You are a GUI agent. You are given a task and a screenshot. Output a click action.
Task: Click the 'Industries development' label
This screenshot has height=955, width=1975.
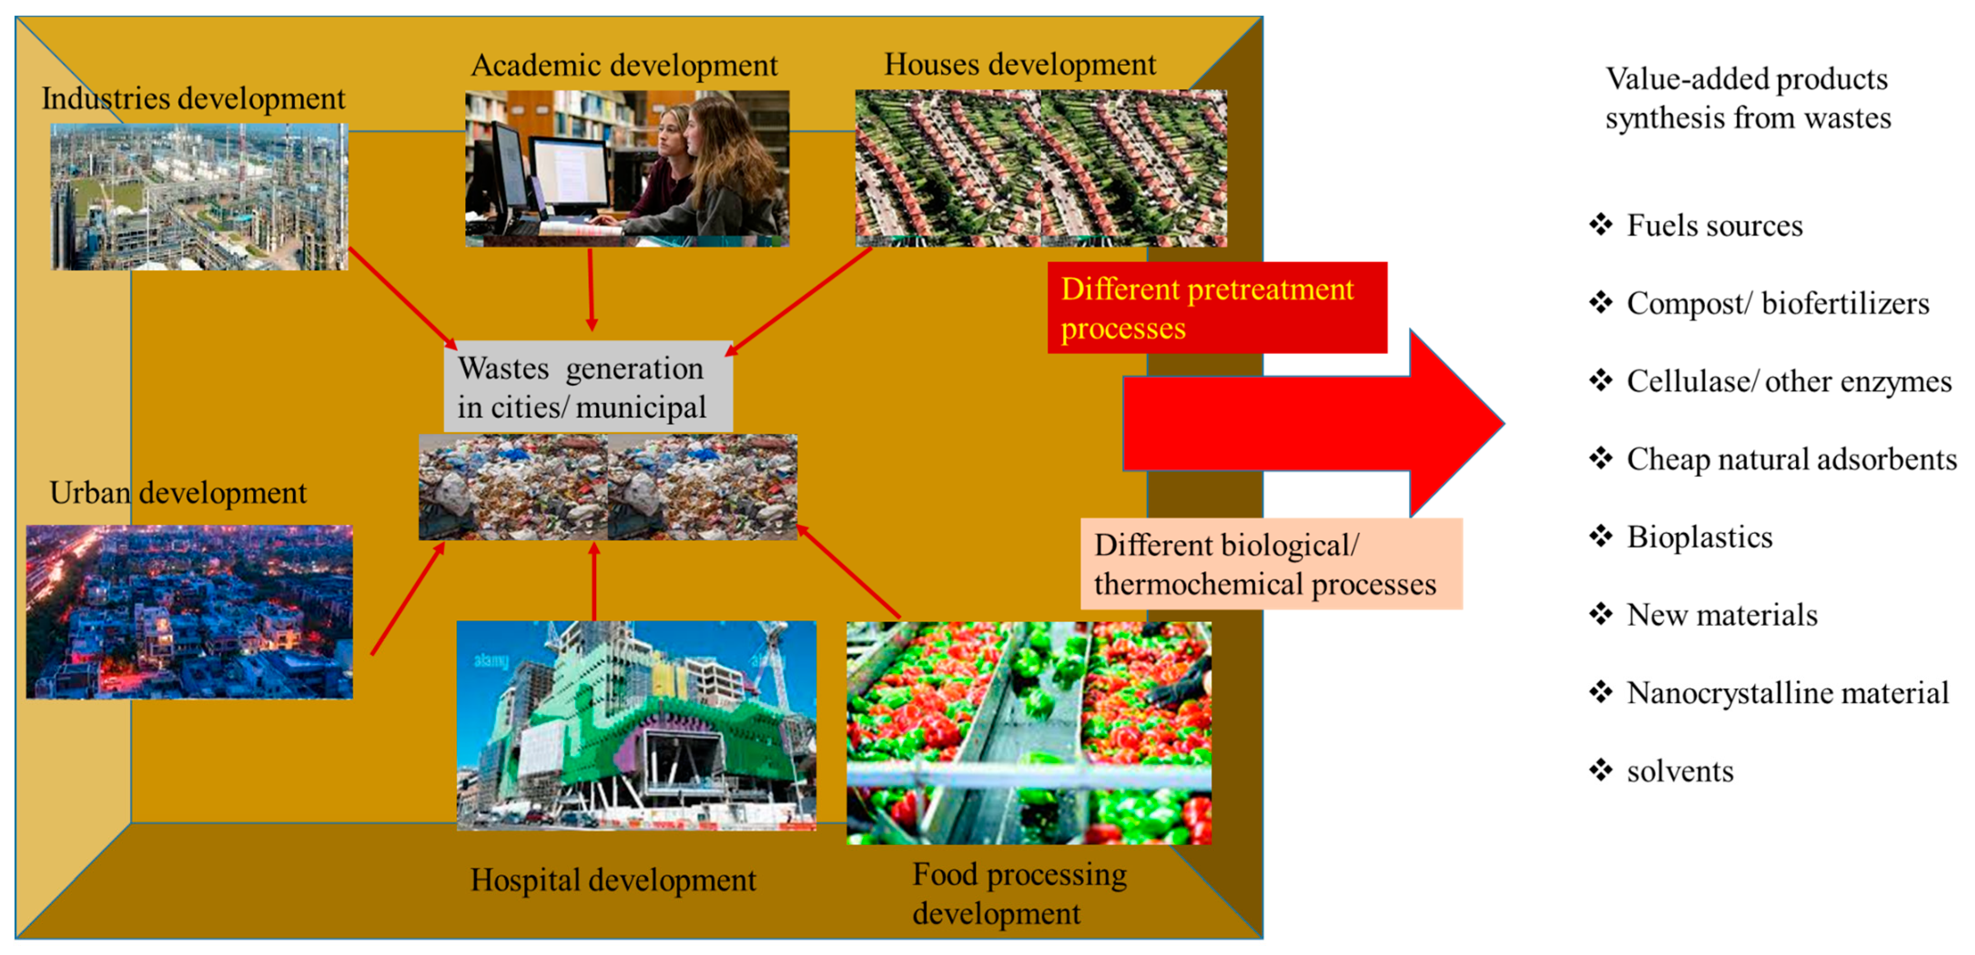point(193,99)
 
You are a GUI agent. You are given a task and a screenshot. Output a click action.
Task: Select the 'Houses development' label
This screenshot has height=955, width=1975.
point(1020,65)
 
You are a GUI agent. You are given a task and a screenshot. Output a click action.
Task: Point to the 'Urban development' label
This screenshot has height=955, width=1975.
point(178,493)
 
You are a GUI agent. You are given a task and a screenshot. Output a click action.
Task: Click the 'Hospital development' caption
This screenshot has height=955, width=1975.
point(613,880)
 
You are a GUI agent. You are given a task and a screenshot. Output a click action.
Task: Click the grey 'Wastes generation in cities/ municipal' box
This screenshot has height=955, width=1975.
point(588,387)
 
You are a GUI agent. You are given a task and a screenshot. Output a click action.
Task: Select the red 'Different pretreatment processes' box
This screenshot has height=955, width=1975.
point(1217,308)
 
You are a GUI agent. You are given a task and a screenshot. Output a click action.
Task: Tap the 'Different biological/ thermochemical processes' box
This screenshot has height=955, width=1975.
point(1271,564)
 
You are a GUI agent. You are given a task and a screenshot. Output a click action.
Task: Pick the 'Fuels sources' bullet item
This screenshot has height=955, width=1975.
point(1714,226)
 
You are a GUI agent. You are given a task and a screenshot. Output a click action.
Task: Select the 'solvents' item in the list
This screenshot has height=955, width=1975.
point(1680,771)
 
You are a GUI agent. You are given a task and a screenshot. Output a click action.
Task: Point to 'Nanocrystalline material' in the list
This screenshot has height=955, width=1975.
point(1787,693)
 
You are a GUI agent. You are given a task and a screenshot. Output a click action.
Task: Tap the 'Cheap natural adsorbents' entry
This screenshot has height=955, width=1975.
point(1791,459)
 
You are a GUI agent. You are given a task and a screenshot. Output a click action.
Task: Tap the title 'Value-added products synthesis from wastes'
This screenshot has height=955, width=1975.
point(1747,99)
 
